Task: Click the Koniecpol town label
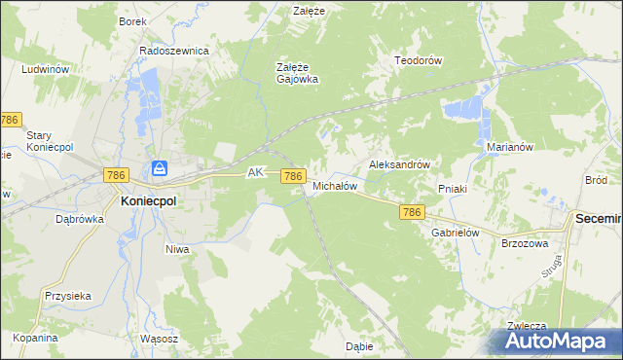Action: point(148,200)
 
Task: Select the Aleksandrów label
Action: point(399,165)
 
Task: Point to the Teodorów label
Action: point(419,60)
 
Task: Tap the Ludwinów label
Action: point(45,70)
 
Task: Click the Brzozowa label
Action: point(525,244)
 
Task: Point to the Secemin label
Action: point(598,221)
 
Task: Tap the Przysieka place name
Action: point(67,296)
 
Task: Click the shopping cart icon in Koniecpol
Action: point(159,169)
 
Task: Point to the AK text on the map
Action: point(256,172)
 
